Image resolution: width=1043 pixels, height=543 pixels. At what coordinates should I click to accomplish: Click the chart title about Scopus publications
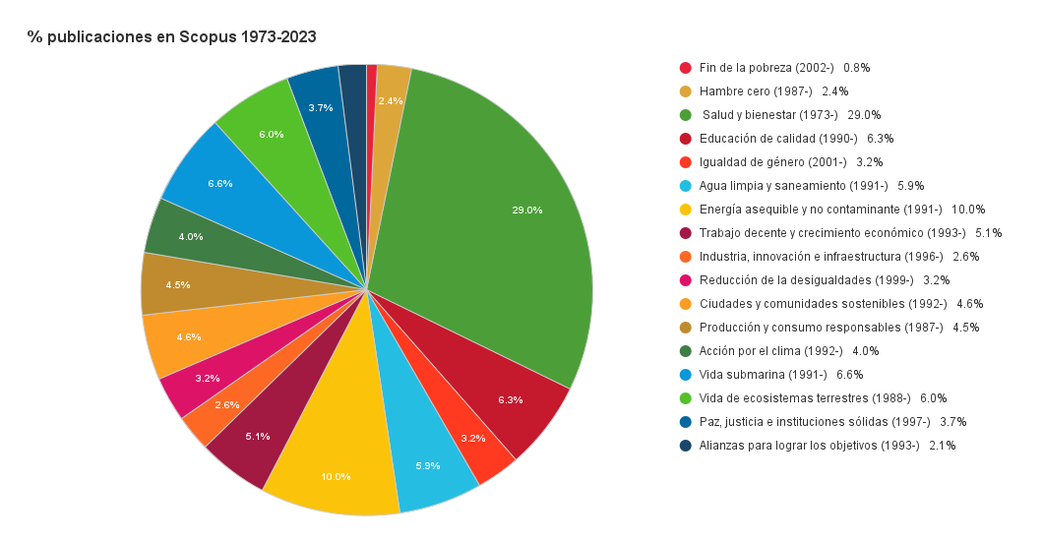pyautogui.click(x=172, y=36)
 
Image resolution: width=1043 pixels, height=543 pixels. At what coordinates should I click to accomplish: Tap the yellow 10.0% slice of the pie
pyautogui.click(x=335, y=462)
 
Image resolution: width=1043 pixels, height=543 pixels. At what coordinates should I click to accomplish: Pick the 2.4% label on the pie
pyautogui.click(x=391, y=100)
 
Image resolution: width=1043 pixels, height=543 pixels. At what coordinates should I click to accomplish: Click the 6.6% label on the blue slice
pyautogui.click(x=220, y=184)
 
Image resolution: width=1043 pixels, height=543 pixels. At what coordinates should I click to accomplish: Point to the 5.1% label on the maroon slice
pyautogui.click(x=257, y=436)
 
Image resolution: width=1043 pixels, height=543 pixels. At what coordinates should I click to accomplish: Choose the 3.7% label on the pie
pyautogui.click(x=320, y=107)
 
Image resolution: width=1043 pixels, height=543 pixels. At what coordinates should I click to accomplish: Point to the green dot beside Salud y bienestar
pyautogui.click(x=686, y=115)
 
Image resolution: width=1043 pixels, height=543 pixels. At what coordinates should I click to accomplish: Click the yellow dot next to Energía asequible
pyautogui.click(x=686, y=210)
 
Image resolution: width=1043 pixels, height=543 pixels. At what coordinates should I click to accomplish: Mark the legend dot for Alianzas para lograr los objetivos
pyautogui.click(x=686, y=446)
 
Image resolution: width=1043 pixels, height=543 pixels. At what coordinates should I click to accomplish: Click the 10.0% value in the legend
pyautogui.click(x=968, y=210)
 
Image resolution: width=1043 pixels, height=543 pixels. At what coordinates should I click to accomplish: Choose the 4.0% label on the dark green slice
pyautogui.click(x=191, y=236)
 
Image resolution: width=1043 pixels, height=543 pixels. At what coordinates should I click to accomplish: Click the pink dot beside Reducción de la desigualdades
pyautogui.click(x=686, y=280)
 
